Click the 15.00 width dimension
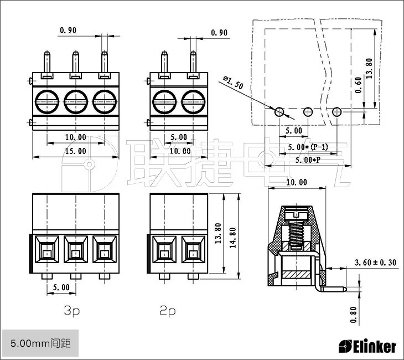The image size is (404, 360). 76,151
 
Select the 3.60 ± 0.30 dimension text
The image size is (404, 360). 376,263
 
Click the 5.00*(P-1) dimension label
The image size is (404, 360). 308,147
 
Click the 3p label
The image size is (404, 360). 71,311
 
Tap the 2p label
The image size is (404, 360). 167,311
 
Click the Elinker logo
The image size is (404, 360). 367,347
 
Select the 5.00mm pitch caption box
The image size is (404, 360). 37,343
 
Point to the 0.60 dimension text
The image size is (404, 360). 359,85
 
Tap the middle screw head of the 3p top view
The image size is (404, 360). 75,101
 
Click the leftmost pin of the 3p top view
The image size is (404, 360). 46,62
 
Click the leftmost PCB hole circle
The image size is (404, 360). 280,112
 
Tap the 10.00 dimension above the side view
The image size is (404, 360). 296,182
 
